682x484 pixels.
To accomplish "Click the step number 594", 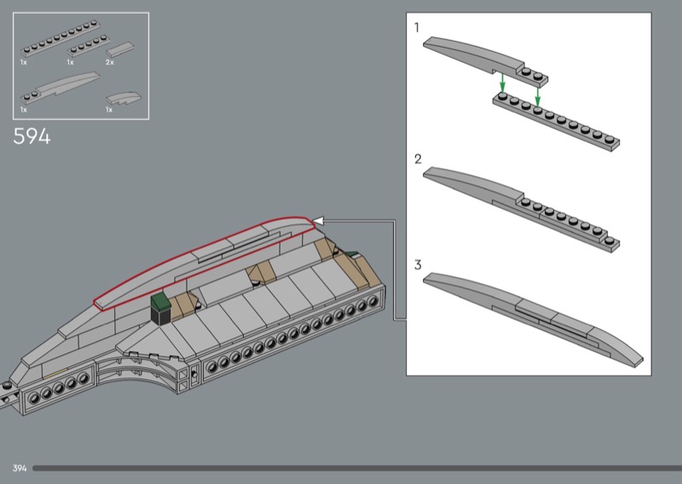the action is [32, 136].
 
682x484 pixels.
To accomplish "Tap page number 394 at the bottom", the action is [20, 468].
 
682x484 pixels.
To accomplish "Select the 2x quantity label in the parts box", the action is [110, 62].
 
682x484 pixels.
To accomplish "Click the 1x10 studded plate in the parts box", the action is [60, 38].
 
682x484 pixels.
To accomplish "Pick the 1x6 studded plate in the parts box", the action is [89, 45].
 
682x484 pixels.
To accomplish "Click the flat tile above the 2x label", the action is [120, 49].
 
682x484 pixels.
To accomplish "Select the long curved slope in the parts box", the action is [60, 88].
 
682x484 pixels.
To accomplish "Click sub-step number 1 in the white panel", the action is [417, 28].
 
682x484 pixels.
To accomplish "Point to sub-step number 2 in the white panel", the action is [418, 159].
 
